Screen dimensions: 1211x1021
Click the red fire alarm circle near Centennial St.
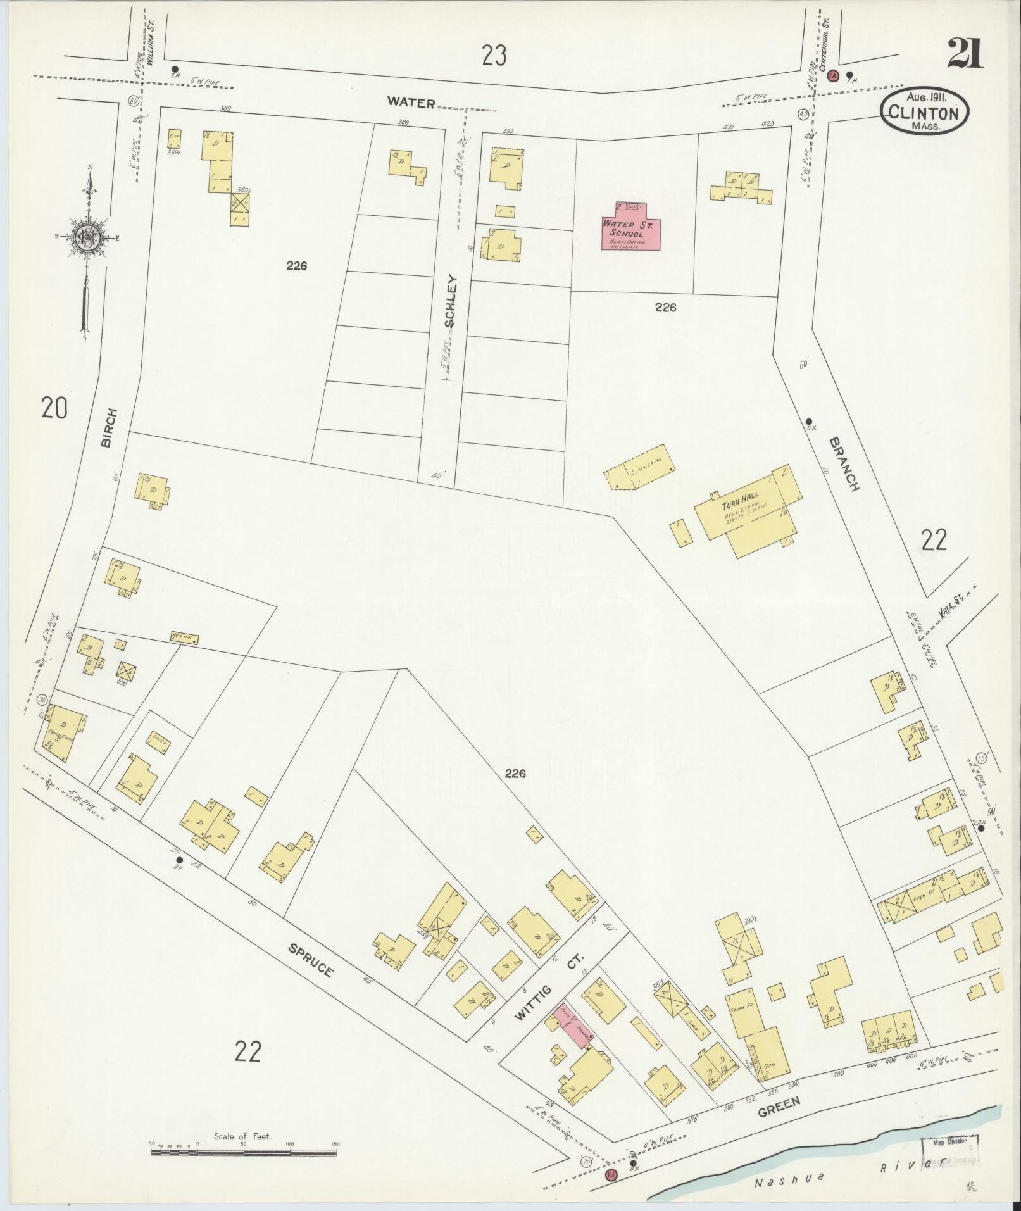(x=833, y=75)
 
